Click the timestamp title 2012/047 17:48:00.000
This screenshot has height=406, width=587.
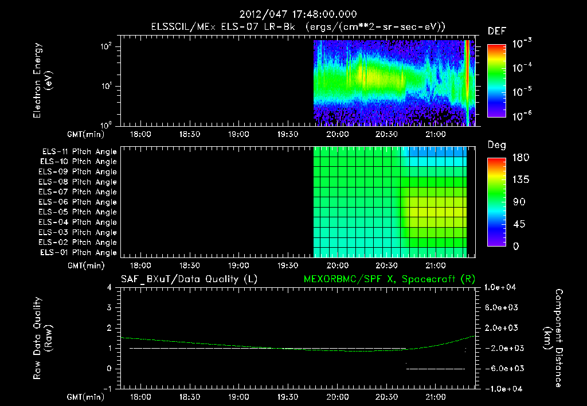click(x=293, y=14)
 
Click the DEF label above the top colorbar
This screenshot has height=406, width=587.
click(x=496, y=31)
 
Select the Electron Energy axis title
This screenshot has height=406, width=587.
click(x=43, y=83)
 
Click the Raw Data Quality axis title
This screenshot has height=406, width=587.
click(x=43, y=338)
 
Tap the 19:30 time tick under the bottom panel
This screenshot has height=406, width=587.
click(x=288, y=397)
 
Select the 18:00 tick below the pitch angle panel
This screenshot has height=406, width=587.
click(x=140, y=266)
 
